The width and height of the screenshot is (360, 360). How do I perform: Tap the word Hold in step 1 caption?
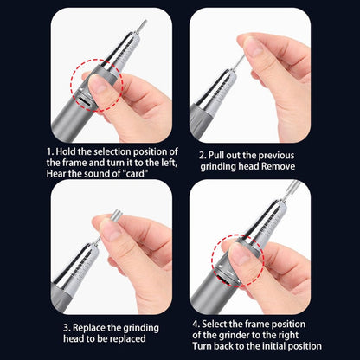pyautogui.click(x=66, y=151)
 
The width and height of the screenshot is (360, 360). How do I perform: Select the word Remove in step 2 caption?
pyautogui.click(x=278, y=166)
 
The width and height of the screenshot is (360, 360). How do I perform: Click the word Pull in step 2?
pyautogui.click(x=216, y=156)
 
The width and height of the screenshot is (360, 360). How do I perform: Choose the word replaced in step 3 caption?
pyautogui.click(x=128, y=338)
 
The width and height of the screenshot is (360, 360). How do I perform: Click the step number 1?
pyautogui.click(x=50, y=151)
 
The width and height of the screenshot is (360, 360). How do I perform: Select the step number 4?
pyautogui.click(x=196, y=324)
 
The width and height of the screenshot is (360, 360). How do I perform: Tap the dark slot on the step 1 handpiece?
pyautogui.click(x=85, y=101)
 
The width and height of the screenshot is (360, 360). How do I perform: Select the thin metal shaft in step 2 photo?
pyautogui.click(x=240, y=62)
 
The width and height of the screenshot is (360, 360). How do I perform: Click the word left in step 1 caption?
pyautogui.click(x=168, y=163)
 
